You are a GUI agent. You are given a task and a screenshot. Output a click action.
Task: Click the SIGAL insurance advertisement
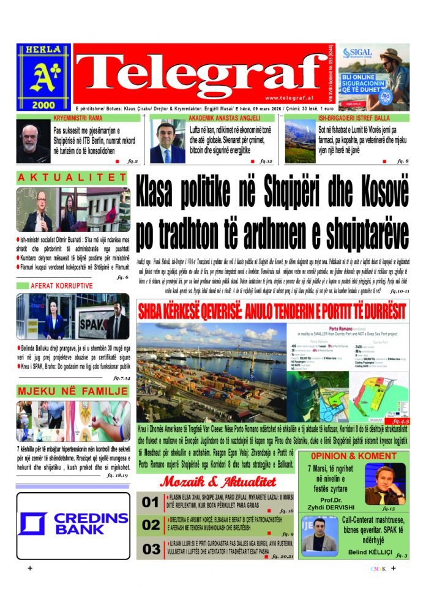click(373, 77)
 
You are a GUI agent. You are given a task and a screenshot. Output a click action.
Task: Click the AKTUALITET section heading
click(72, 178)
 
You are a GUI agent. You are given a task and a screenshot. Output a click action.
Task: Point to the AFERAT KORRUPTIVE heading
click(62, 285)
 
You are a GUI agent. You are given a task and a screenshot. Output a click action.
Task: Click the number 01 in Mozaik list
click(151, 503)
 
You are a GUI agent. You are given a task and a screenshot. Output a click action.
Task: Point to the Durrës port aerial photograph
click(212, 372)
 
